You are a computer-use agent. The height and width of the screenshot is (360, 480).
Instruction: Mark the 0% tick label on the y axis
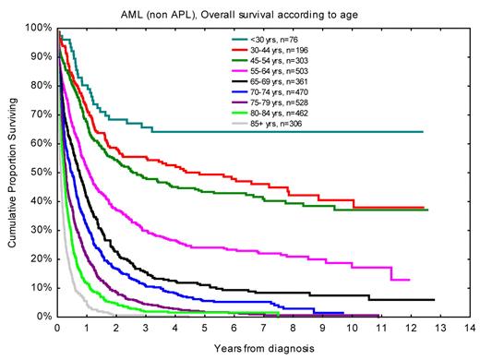tap(44, 317)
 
